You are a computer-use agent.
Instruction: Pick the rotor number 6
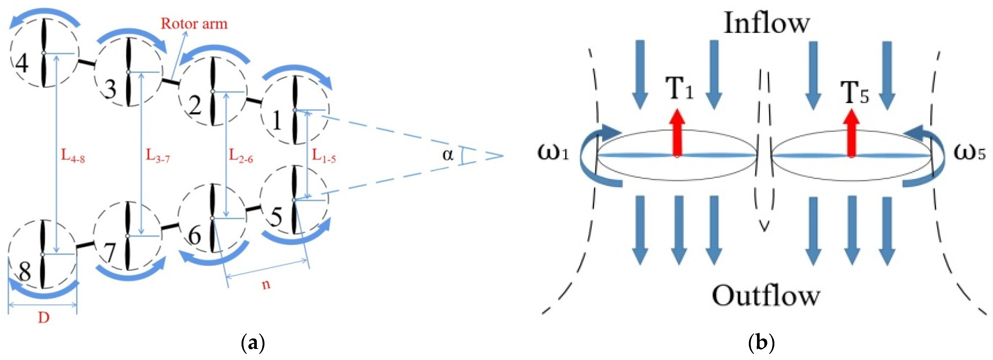tap(194, 235)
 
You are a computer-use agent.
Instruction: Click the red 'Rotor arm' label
tap(194, 24)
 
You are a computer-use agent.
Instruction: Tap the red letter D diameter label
tap(43, 318)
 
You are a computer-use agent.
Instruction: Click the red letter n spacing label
tap(266, 284)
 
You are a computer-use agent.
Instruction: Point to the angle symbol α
tap(448, 155)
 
